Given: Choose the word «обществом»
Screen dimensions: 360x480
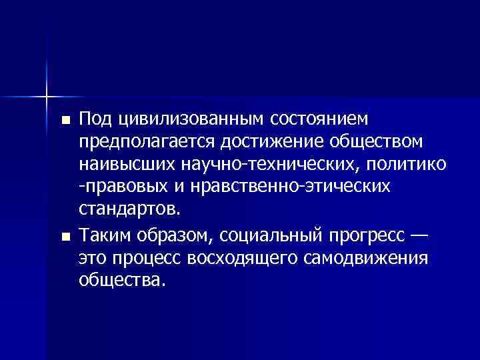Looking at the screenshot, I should pyautogui.click(x=375, y=142).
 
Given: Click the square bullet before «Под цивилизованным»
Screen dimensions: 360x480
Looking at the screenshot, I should pyautogui.click(x=65, y=121).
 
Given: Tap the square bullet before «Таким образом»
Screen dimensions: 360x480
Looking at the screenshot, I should pyautogui.click(x=65, y=235).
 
